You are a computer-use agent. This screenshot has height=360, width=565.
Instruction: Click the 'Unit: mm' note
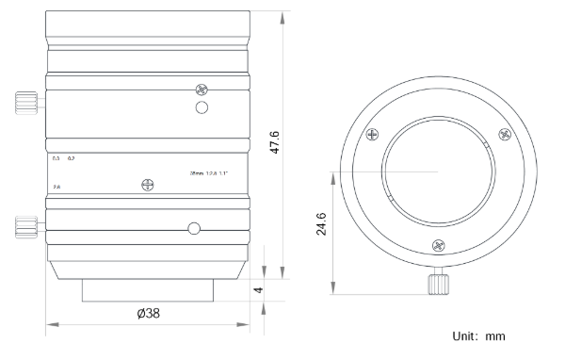coord(481,335)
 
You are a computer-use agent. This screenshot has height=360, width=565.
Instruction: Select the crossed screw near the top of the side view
coord(200,90)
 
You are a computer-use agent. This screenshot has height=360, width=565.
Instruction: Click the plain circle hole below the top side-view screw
coord(201,109)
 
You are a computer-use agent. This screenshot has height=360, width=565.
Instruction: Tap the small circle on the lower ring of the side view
coord(193,228)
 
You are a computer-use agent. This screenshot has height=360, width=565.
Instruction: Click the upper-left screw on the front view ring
coord(373,135)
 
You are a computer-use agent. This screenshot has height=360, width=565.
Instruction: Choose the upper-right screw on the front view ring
coord(501,135)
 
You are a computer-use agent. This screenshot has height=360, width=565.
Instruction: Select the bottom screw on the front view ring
coord(435,246)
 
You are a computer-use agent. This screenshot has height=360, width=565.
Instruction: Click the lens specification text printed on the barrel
coord(209,172)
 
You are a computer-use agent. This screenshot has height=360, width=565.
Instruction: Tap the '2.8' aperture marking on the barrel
coord(56,188)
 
